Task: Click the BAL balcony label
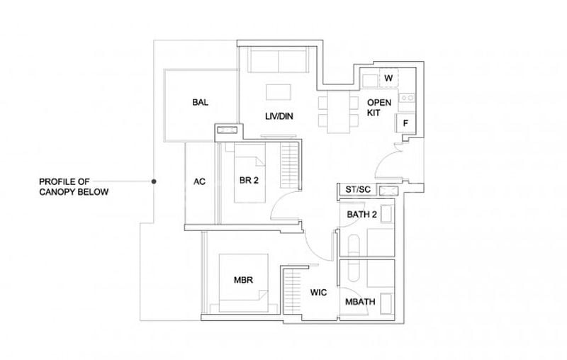point(200,103)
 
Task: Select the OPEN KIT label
point(378,108)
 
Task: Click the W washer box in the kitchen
point(388,77)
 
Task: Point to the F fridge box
point(405,123)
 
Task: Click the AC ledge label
point(199,181)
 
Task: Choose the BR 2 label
point(248,181)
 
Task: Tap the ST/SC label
point(358,190)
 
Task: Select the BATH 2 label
point(361,213)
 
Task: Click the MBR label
point(243,279)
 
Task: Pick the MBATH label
point(360,303)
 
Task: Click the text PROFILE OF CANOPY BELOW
point(74,187)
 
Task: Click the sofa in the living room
point(278,62)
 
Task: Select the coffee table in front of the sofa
point(277,92)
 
